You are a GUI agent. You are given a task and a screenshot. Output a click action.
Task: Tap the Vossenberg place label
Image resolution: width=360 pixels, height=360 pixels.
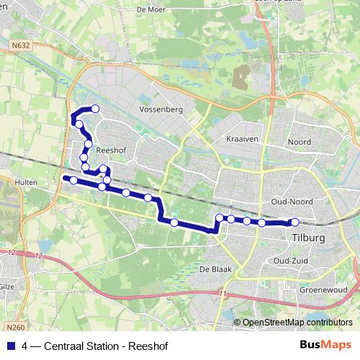pos(161,109)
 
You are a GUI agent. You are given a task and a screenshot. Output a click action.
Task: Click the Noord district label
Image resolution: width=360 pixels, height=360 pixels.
pos(299,143)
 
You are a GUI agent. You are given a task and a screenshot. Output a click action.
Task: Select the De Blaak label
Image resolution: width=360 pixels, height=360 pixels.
pos(213,268)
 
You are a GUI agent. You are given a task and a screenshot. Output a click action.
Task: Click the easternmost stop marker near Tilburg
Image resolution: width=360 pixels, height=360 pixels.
pos(294,222)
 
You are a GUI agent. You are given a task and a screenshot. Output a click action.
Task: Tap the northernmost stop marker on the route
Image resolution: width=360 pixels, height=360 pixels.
pos(94,109)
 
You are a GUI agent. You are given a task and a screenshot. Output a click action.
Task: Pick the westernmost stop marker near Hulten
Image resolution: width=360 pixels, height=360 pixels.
pos(73,179)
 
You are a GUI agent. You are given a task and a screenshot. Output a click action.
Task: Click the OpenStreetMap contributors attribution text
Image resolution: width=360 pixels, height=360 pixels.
pos(297,323)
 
